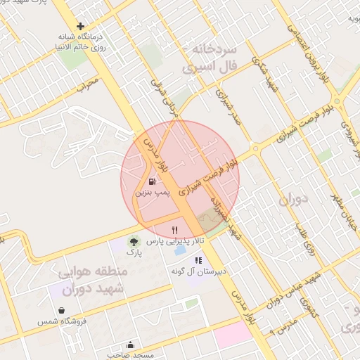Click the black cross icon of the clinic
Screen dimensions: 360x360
click(x=80, y=26)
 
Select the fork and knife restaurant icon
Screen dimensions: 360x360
click(x=174, y=229)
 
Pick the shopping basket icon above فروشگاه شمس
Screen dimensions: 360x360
click(x=63, y=310)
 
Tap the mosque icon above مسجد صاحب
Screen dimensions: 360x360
click(x=130, y=345)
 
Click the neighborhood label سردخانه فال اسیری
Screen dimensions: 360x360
click(x=211, y=58)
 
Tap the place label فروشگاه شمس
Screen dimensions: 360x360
click(x=63, y=321)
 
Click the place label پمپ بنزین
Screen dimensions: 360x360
click(x=142, y=191)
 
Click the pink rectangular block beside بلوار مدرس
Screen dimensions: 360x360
click(x=233, y=333)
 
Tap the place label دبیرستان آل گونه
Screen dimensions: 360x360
click(x=198, y=271)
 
